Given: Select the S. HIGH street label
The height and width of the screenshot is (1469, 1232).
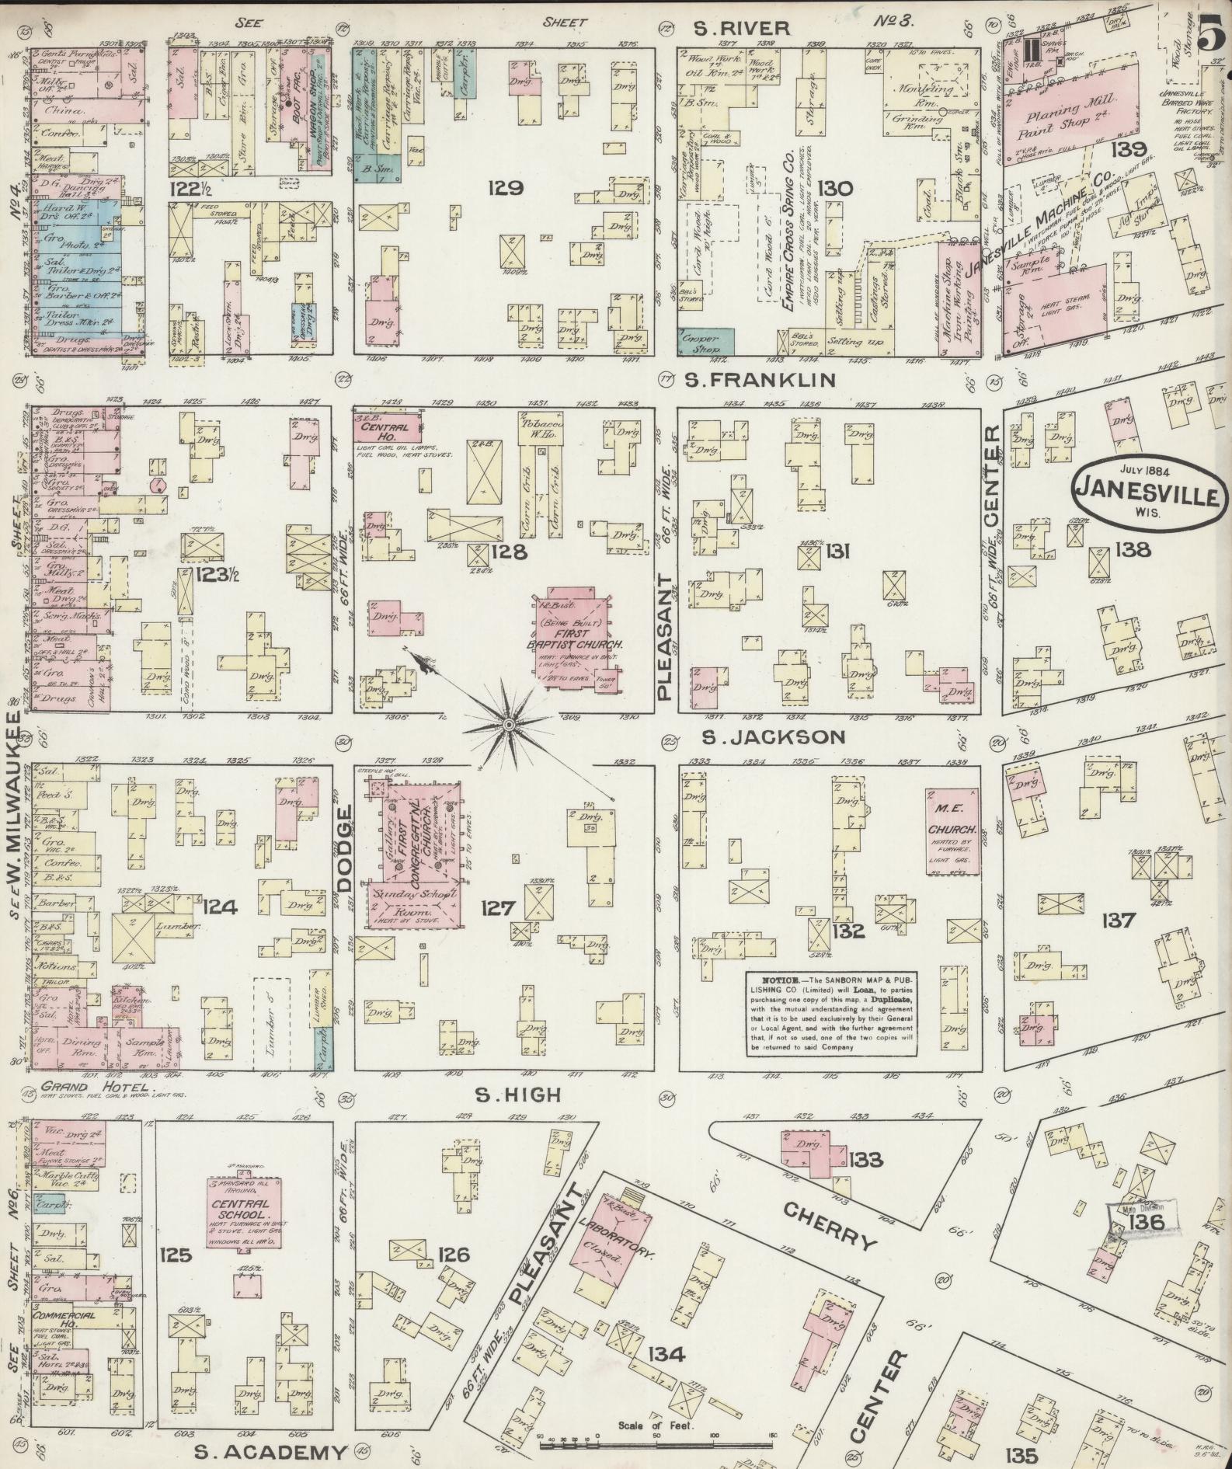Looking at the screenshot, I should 518,1095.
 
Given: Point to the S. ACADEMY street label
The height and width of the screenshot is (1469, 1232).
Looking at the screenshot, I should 269,1453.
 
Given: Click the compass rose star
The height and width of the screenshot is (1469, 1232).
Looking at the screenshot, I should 507,725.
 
